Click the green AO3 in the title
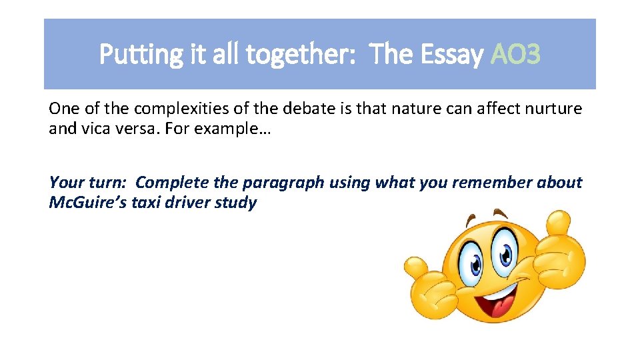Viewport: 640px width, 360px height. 515,55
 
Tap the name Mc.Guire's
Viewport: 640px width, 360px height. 89,203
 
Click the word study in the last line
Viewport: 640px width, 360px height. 236,203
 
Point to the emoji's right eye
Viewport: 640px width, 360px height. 505,254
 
